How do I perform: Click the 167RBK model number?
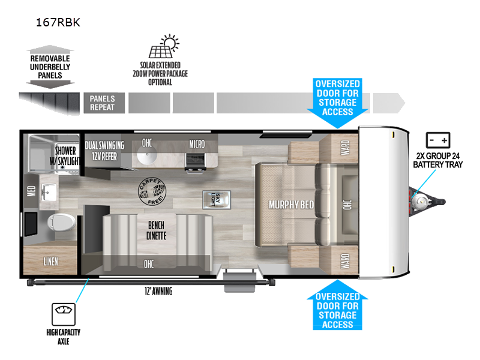click(58, 23)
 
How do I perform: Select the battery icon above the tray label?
click(438, 140)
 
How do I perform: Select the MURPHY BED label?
click(291, 204)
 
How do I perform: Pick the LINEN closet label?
click(51, 262)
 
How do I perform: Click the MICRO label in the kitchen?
click(197, 144)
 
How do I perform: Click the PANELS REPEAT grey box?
click(103, 103)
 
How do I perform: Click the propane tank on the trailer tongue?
click(419, 199)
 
